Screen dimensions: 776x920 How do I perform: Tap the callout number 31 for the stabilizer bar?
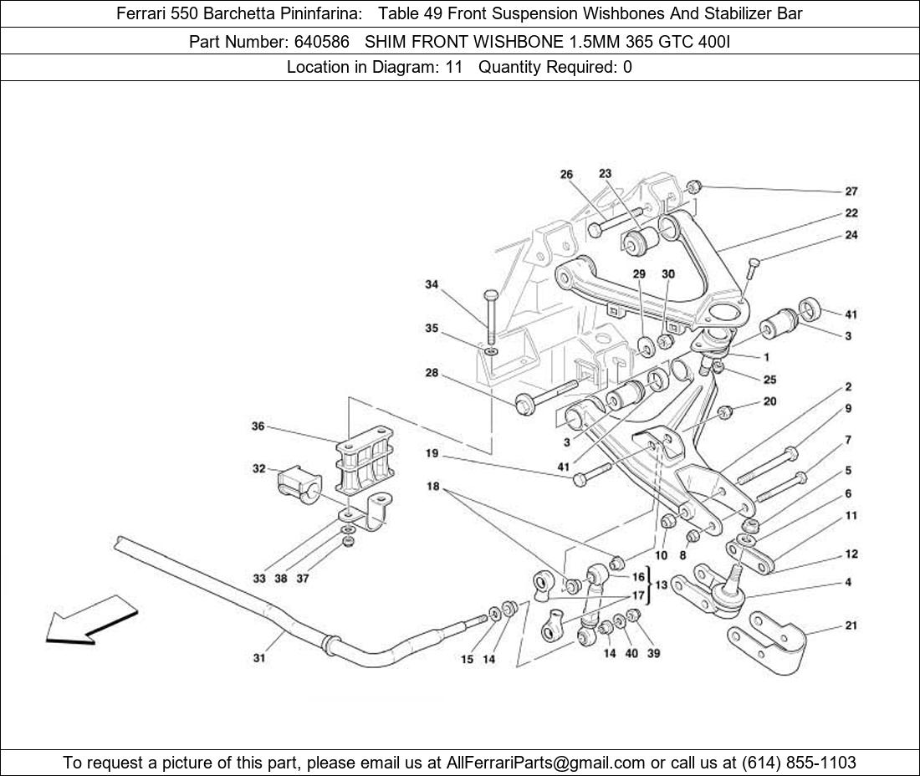(259, 658)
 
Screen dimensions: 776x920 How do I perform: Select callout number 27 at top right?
(851, 191)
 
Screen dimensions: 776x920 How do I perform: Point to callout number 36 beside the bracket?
(258, 426)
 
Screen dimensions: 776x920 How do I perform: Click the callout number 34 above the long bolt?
(432, 285)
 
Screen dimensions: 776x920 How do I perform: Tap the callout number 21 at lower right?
(851, 625)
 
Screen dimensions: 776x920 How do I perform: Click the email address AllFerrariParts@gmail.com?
(546, 763)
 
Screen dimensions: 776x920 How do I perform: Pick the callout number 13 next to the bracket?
(661, 585)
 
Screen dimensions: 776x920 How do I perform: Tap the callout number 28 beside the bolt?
(432, 373)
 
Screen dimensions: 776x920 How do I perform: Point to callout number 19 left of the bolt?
(432, 454)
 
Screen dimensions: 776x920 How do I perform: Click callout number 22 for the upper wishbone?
(851, 213)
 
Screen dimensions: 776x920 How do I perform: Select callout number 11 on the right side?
(851, 516)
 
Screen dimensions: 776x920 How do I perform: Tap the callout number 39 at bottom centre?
(653, 653)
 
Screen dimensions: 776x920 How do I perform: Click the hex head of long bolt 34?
(490, 297)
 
